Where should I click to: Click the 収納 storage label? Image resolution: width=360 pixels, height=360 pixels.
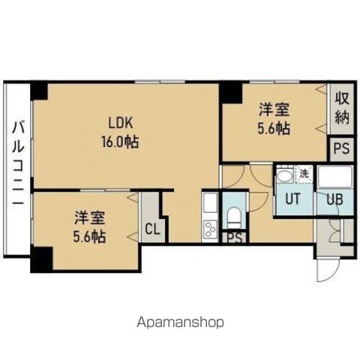click(x=342, y=108)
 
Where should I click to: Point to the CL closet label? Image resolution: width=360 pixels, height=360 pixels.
click(x=152, y=228)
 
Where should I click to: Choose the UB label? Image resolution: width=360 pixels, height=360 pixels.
click(x=331, y=200)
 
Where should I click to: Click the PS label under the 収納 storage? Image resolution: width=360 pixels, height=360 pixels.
click(x=341, y=148)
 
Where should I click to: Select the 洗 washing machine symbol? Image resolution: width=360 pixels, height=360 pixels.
click(x=304, y=174)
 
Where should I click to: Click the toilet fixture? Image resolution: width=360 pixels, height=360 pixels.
click(x=234, y=216)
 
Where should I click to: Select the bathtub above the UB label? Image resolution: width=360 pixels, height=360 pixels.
click(x=331, y=178)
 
